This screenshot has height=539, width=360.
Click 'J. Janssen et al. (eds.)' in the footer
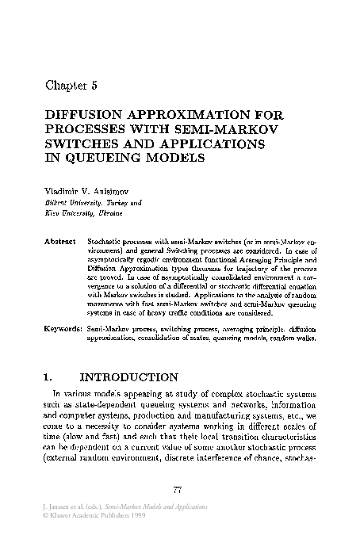(x=70, y=506)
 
